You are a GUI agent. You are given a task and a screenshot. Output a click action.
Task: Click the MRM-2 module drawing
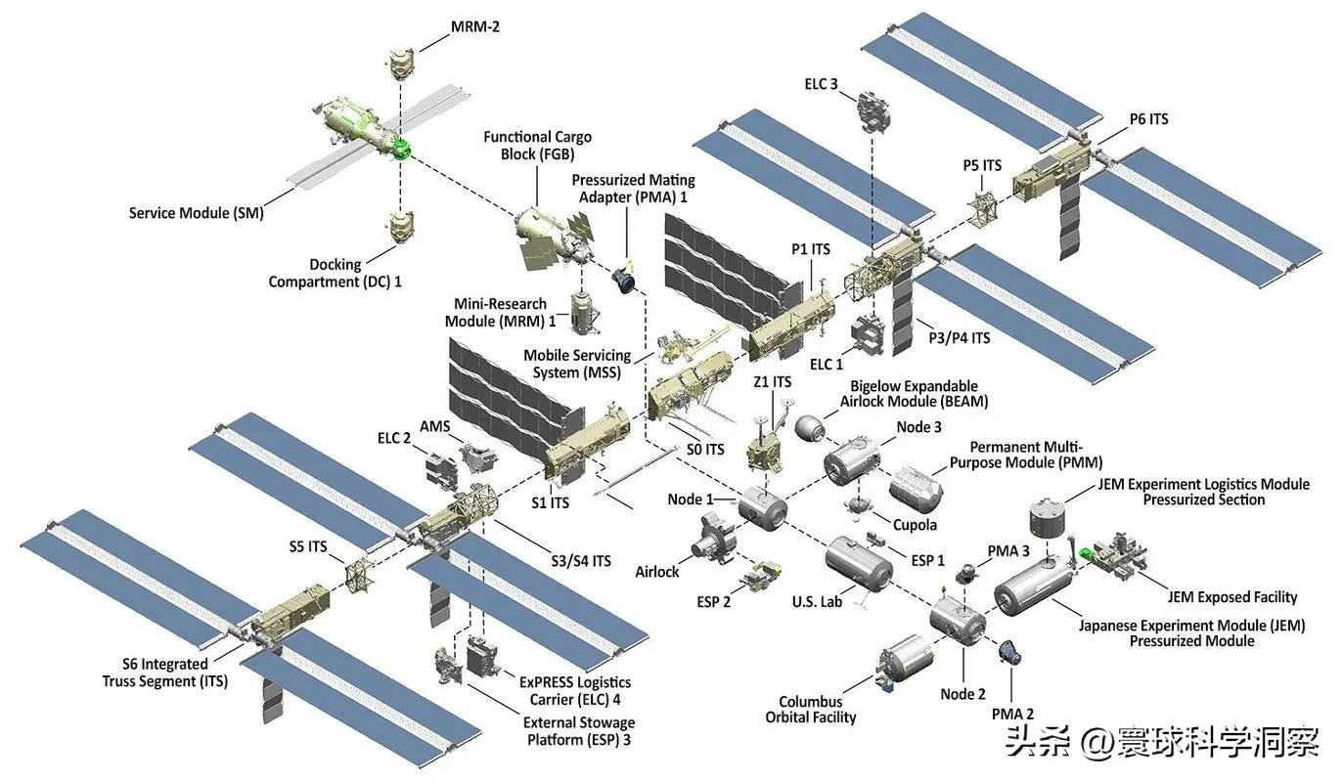pos(401,62)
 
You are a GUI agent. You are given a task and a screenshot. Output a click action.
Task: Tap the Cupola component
pos(859,506)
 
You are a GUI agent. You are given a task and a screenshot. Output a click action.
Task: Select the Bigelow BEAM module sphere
pos(809,427)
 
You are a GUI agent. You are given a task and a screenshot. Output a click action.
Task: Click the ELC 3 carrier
pos(873,112)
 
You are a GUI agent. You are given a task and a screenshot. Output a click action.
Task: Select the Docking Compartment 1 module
pos(399,227)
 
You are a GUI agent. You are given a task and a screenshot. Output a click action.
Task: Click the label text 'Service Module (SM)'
pos(196,213)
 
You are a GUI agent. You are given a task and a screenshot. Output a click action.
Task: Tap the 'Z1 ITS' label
pos(773,382)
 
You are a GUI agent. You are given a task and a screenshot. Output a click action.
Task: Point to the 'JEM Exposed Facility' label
pos(1231,597)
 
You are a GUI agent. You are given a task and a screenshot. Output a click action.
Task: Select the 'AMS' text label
pos(435,427)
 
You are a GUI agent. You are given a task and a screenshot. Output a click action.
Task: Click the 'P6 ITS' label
pos(1148,119)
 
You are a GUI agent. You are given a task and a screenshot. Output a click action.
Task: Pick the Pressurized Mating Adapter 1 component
pos(623,278)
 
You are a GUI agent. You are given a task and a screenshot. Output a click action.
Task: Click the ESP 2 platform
pos(760,577)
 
